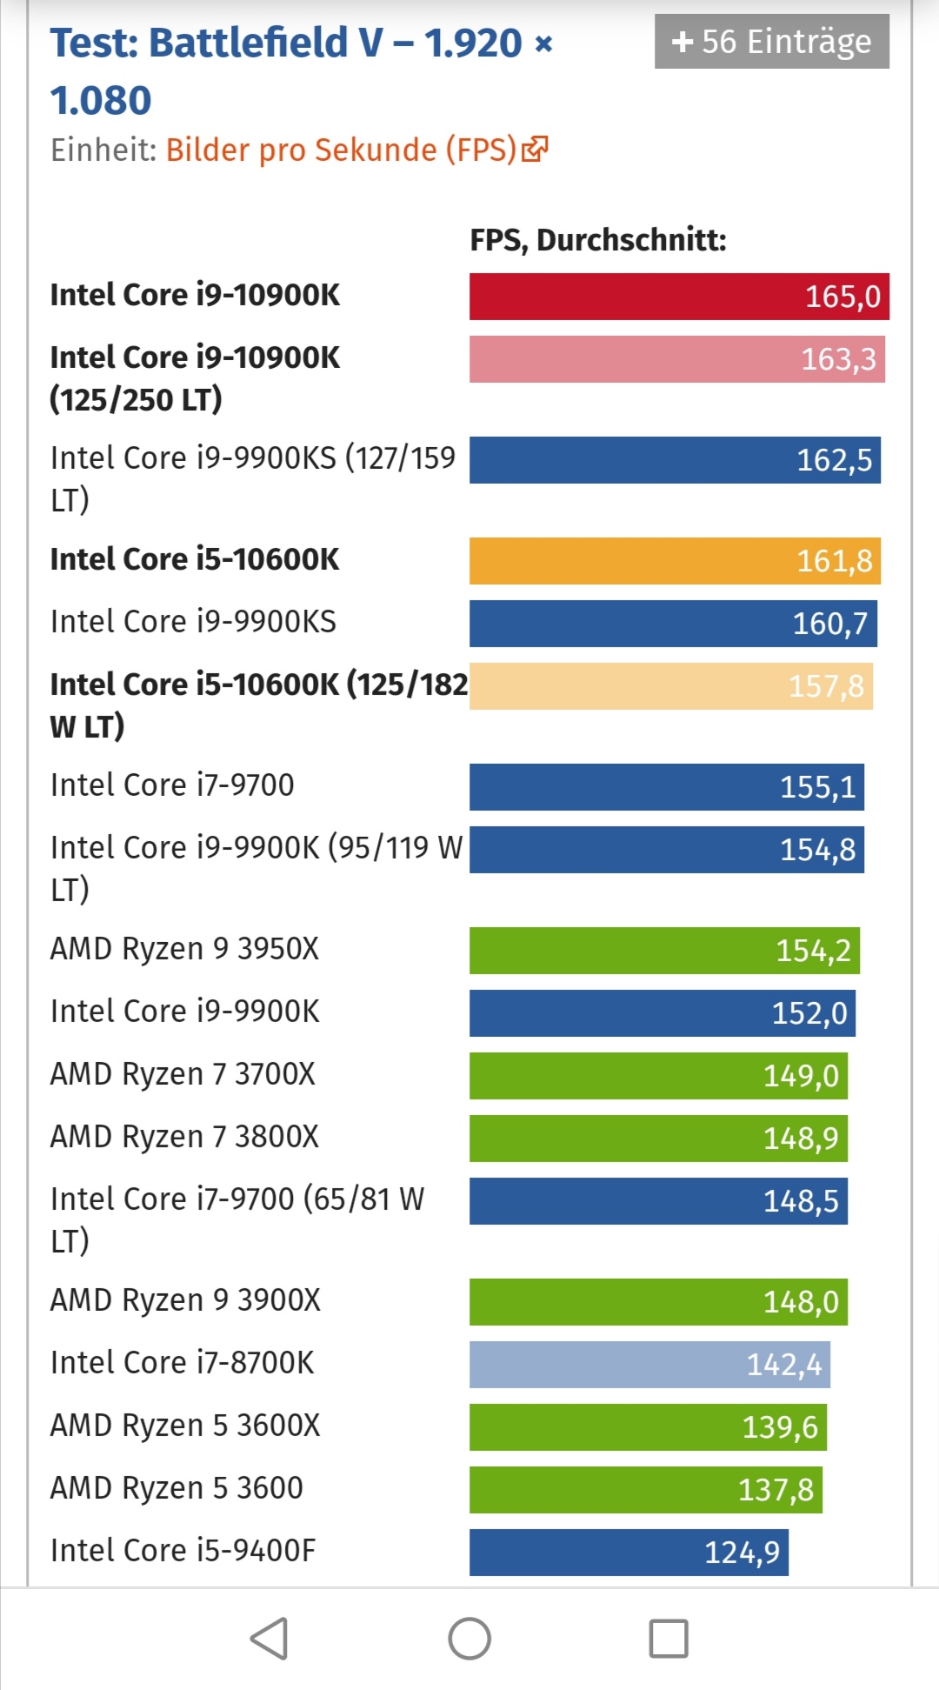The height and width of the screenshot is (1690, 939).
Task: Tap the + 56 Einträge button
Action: tap(771, 42)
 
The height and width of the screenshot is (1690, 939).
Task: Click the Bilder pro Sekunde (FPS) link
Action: tap(341, 150)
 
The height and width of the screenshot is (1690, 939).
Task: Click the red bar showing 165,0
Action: tap(678, 297)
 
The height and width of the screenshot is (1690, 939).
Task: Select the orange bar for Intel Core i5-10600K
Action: tap(675, 561)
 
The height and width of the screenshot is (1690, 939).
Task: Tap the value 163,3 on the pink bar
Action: tap(838, 359)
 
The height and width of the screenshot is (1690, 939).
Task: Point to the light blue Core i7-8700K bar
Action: tap(649, 1365)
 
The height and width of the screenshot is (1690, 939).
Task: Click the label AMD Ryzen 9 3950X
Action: tap(184, 949)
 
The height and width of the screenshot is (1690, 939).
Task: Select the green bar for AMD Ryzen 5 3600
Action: tap(645, 1490)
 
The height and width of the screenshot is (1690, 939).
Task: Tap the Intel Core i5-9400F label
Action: tap(183, 1551)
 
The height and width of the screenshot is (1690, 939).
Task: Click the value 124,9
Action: tap(742, 1553)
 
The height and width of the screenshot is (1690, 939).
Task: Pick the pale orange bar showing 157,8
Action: tap(670, 686)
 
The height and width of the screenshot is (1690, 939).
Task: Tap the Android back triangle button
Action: tap(270, 1639)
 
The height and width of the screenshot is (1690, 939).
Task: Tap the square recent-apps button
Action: tap(669, 1639)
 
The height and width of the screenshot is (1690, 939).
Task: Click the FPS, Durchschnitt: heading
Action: tap(597, 240)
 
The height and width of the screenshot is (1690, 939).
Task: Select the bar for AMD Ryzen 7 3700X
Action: tap(658, 1076)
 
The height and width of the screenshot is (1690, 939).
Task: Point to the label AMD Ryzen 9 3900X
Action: tap(185, 1300)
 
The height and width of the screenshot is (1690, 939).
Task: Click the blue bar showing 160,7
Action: tap(673, 624)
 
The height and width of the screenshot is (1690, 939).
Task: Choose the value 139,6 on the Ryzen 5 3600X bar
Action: tap(780, 1427)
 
